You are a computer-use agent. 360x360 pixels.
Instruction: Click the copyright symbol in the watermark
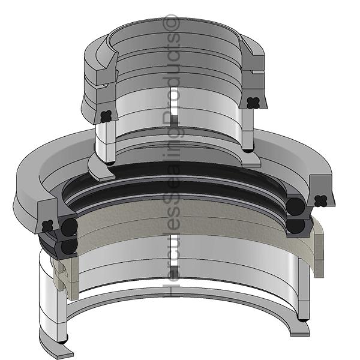(x=173, y=23)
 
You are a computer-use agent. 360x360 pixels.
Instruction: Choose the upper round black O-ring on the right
(x=295, y=207)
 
